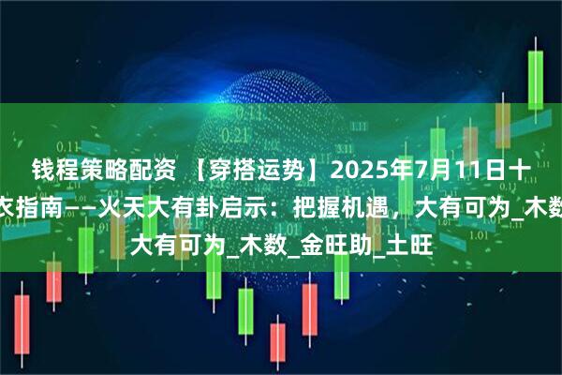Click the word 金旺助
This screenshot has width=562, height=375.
(321, 225)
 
